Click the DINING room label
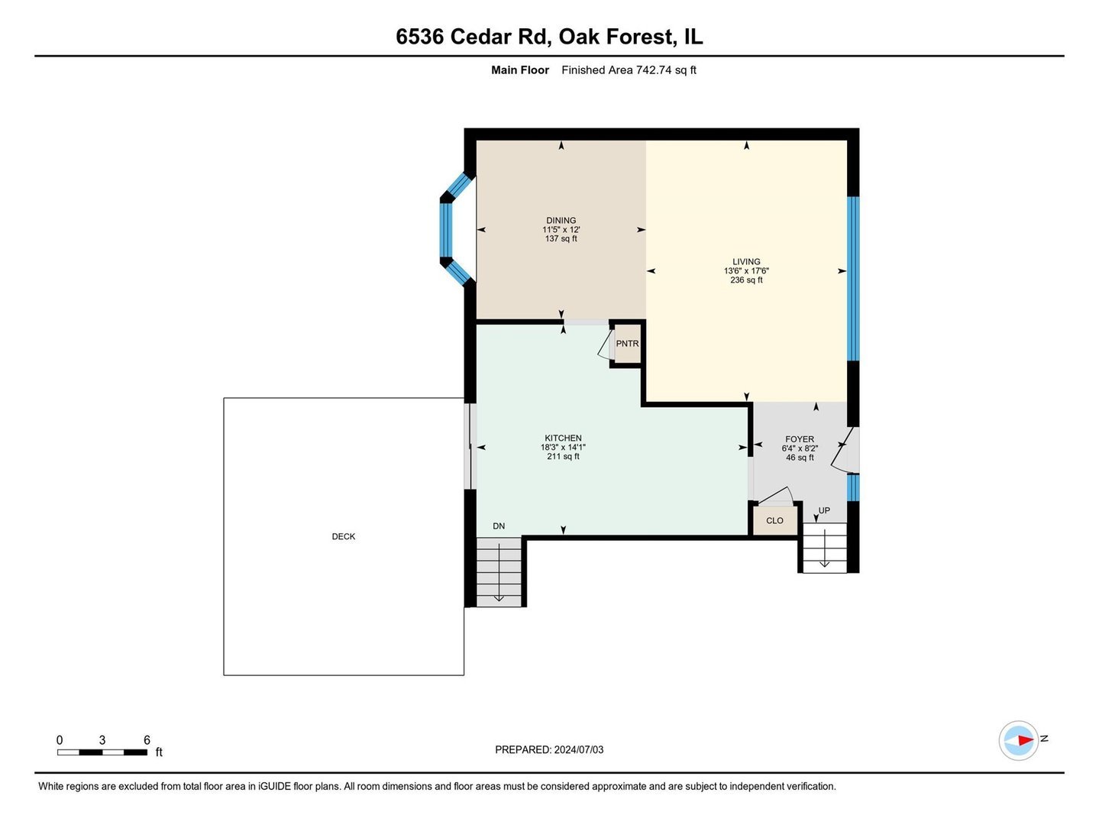pos(561,221)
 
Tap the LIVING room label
pos(746,262)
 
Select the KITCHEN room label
pos(563,438)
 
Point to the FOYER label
pos(800,439)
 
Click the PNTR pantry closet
pos(627,345)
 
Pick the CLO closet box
pos(774,521)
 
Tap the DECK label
pos(344,537)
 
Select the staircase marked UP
pos(824,547)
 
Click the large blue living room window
pos(853,278)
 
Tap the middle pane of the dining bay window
pos(446,230)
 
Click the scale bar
pos(102,752)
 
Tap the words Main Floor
pos(520,70)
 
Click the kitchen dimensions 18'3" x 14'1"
pos(563,448)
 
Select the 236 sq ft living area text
pos(746,280)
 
